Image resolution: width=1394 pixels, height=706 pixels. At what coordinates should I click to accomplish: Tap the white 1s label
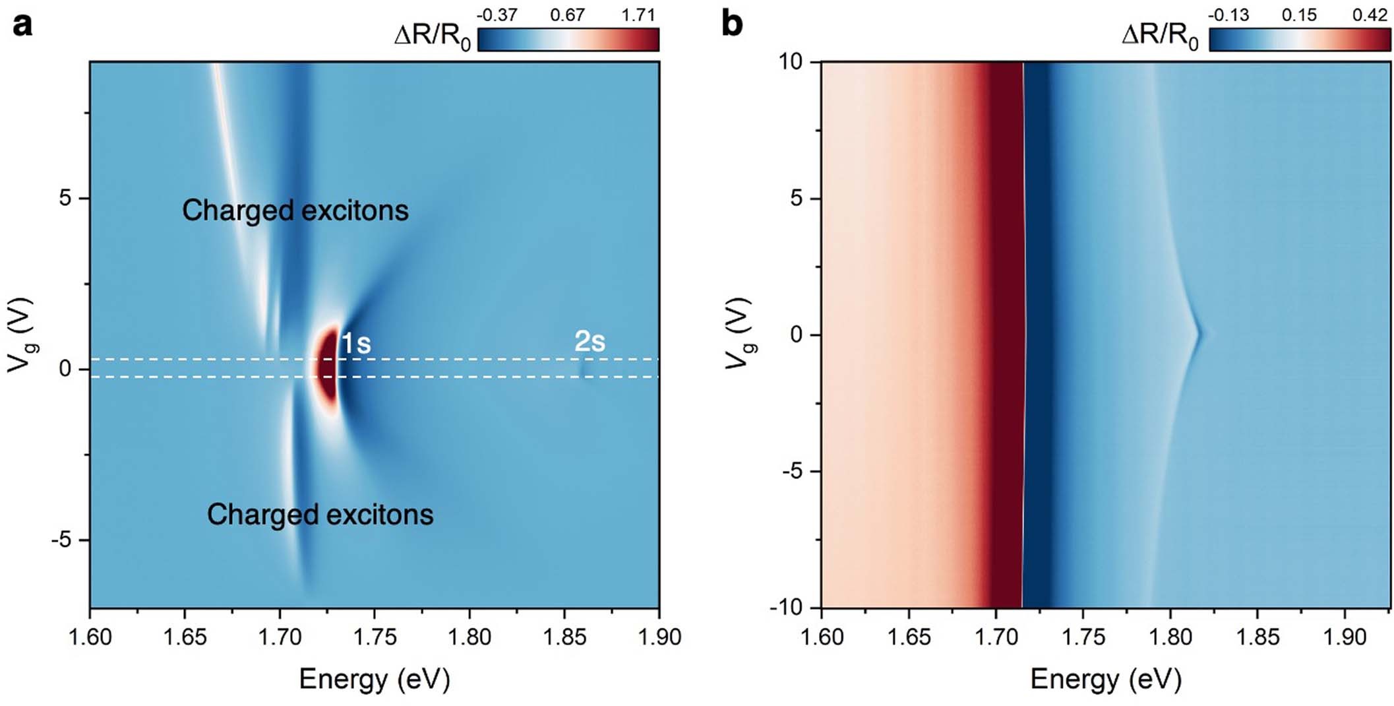[x=356, y=344]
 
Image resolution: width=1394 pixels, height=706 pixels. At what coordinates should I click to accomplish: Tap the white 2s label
[x=590, y=341]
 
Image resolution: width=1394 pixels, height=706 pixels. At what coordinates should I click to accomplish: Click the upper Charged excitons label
[x=295, y=210]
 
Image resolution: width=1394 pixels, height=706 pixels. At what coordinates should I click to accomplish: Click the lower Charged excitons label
[x=320, y=515]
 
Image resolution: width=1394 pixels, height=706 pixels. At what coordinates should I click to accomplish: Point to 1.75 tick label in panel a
[x=375, y=637]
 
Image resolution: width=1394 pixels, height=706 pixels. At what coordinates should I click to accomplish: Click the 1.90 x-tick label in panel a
[x=659, y=637]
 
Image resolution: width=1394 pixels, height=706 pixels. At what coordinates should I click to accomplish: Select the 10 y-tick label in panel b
[x=790, y=62]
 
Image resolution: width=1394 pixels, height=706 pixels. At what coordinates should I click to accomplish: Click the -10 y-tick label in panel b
[x=786, y=607]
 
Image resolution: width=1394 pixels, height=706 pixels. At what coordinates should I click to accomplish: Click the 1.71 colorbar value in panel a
[x=638, y=15]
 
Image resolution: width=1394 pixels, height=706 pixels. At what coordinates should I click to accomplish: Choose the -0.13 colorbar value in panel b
[x=1228, y=15]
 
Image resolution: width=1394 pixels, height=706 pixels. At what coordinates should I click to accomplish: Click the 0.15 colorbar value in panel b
[x=1298, y=15]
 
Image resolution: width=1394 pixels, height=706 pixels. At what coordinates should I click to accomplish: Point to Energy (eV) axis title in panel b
[x=1106, y=679]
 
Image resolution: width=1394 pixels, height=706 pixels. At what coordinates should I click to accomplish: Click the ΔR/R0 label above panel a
[x=432, y=36]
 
